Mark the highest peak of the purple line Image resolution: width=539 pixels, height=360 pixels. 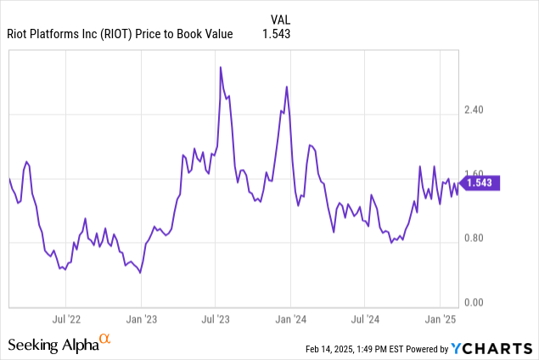[221, 67]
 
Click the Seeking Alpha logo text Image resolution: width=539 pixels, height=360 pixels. [53, 345]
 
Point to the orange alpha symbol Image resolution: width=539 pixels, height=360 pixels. [105, 340]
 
